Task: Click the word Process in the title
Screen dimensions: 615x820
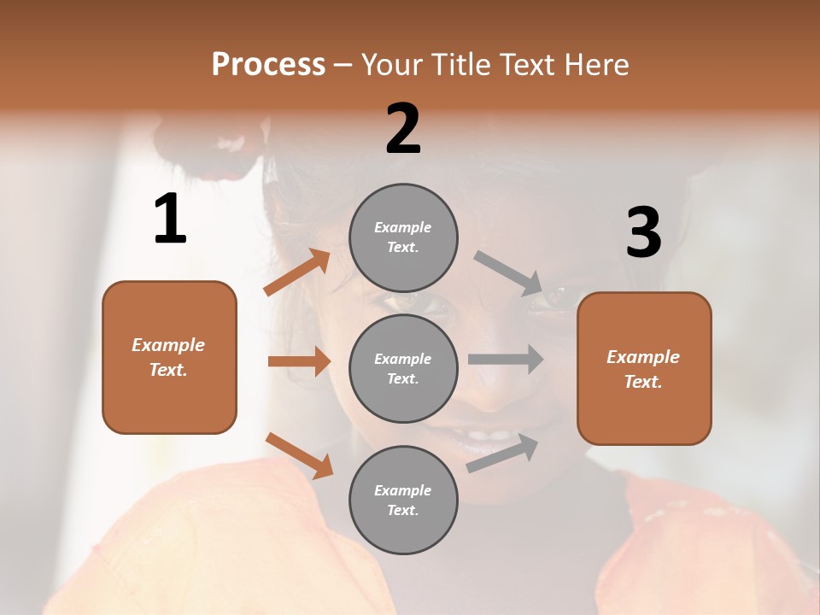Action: [268, 65]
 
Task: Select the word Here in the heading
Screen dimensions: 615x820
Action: [595, 65]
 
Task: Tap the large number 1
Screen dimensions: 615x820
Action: [170, 220]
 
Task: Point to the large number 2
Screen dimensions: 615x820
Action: [403, 129]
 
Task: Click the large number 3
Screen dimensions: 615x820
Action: [643, 232]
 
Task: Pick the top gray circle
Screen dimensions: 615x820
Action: [403, 237]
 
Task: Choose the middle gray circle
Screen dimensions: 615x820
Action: [403, 369]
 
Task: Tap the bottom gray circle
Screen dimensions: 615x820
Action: [403, 500]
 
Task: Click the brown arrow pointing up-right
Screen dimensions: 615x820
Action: [297, 272]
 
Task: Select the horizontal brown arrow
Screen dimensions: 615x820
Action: [299, 361]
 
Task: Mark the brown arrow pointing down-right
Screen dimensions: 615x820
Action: [299, 455]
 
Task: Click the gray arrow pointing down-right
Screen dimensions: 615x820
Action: [507, 273]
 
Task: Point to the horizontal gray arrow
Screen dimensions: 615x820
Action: [506, 359]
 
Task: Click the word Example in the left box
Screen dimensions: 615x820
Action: [168, 345]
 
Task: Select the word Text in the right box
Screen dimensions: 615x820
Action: [642, 382]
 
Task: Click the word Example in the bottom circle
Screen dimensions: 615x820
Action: [402, 490]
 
